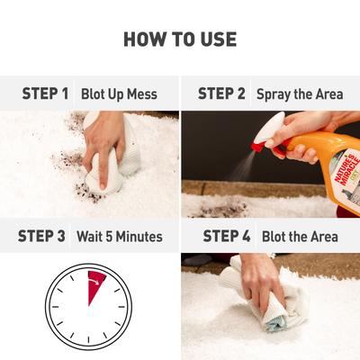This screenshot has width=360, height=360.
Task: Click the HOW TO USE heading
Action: [180, 40]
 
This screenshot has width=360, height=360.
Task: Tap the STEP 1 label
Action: [45, 94]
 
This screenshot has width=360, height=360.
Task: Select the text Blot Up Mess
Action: [119, 94]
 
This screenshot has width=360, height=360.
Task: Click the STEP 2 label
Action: [221, 94]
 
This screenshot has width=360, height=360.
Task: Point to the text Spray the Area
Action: [300, 94]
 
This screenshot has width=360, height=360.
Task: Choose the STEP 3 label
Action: [41, 236]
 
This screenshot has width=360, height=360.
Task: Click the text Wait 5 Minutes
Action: [120, 237]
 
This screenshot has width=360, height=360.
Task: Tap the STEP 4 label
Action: [227, 236]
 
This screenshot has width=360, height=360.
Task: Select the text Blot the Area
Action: [300, 237]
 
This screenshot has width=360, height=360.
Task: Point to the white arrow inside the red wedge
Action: [94, 281]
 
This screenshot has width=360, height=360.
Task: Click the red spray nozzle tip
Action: [258, 147]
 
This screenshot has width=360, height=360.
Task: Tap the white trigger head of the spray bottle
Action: [270, 128]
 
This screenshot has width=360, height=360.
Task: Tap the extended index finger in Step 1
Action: [101, 170]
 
